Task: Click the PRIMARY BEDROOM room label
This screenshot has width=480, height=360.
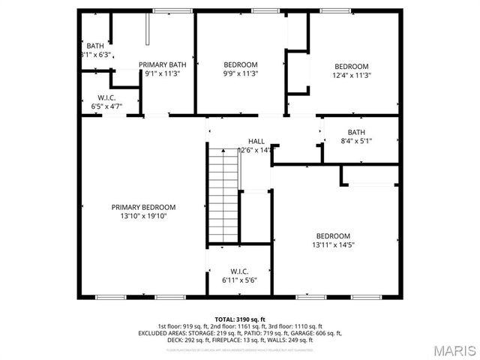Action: [143, 207]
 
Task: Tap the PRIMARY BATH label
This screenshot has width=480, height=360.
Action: [162, 64]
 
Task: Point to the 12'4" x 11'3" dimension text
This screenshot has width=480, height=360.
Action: [352, 74]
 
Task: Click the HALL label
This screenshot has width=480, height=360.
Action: [256, 141]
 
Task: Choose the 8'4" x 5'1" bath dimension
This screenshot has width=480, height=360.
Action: [355, 140]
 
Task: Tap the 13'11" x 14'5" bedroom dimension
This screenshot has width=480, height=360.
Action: [332, 244]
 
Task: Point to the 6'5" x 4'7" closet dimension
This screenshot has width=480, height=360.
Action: [106, 106]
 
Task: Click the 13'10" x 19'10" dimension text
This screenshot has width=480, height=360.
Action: [143, 216]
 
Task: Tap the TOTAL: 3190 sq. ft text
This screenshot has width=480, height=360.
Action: [240, 319]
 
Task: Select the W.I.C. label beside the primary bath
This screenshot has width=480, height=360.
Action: [106, 97]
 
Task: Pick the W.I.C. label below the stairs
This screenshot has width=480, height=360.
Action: [239, 271]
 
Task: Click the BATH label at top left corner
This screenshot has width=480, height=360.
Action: [95, 46]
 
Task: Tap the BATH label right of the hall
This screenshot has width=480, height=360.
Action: [355, 132]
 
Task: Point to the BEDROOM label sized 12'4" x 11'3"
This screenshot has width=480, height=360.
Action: [352, 65]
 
